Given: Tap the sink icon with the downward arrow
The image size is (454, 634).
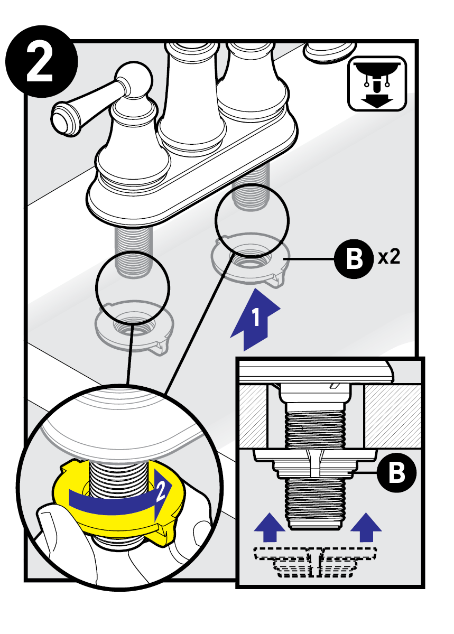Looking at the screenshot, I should click(x=377, y=83).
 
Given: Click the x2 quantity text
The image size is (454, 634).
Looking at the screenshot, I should click(x=388, y=258).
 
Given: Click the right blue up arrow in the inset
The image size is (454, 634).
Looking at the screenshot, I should click(x=366, y=527).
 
